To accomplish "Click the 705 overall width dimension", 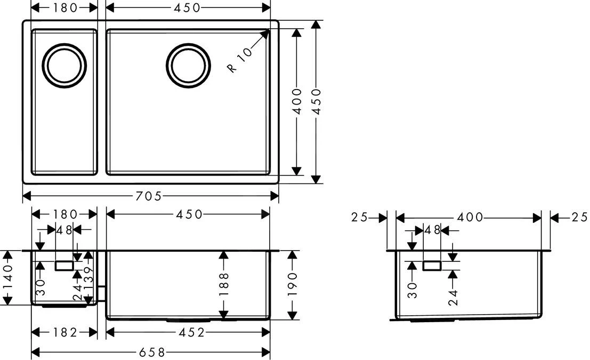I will [x=148, y=196].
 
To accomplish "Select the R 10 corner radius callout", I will [x=239, y=61].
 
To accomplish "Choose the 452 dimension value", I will [x=190, y=333].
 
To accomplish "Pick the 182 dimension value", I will [x=65, y=333].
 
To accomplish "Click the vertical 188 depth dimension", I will [x=223, y=284].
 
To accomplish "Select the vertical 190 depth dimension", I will [x=293, y=284].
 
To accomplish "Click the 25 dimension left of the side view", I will [x=361, y=218].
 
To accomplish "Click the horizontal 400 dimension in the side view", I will [x=468, y=218].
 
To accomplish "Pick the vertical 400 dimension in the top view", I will [x=297, y=101].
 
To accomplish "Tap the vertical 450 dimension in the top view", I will [x=317, y=101].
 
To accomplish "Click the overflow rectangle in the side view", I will [x=432, y=265].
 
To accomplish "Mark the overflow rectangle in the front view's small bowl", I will [x=65, y=266].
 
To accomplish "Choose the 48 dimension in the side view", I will [x=432, y=231].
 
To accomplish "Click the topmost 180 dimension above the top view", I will [x=66, y=7].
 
